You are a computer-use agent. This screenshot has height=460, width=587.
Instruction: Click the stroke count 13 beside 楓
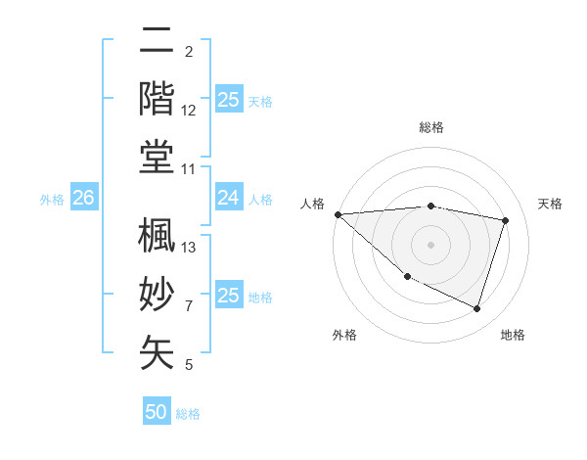point(190,247)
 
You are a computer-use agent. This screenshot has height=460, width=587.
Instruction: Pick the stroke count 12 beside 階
point(190,111)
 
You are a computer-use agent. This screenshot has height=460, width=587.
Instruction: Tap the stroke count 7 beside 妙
point(189,306)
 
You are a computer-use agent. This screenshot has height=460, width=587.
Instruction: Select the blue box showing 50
point(157,412)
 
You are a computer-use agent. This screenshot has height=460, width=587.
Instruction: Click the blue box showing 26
point(83,199)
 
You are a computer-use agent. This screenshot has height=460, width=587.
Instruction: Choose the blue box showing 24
point(229,199)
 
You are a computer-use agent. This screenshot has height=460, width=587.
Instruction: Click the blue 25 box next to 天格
point(229,100)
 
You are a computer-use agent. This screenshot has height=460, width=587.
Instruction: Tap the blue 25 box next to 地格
point(229,296)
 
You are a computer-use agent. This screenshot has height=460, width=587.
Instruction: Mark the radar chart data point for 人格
point(338,214)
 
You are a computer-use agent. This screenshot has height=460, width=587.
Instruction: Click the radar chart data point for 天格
point(506,220)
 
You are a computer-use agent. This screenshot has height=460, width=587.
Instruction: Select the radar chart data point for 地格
point(476,309)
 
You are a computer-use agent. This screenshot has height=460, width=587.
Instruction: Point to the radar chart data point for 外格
point(407,277)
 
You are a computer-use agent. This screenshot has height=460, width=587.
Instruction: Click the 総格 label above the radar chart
point(430,127)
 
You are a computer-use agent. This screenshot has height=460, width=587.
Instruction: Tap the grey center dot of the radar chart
point(430,245)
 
